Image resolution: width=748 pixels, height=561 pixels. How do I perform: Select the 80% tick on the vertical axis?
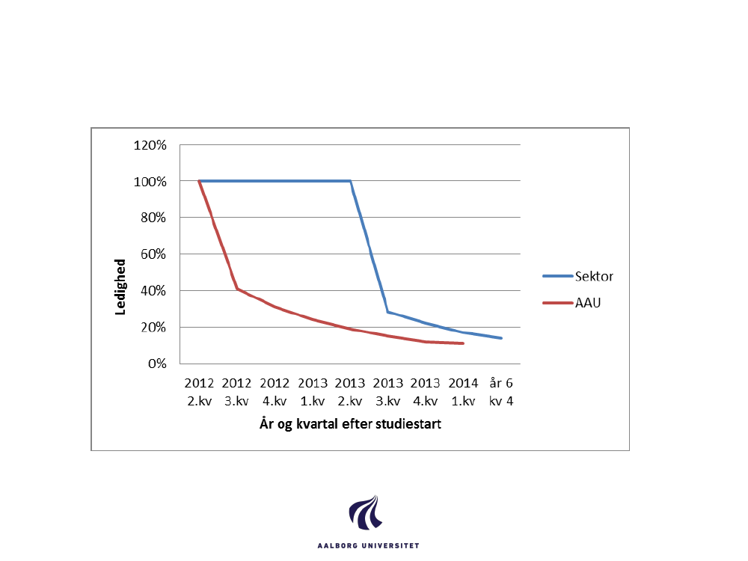(x=153, y=218)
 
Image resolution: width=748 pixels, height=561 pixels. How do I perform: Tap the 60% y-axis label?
(x=153, y=254)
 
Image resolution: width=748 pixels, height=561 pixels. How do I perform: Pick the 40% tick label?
(x=153, y=291)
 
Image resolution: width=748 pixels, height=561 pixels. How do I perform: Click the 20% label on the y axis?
(x=153, y=328)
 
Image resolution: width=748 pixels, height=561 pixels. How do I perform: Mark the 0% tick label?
(x=156, y=364)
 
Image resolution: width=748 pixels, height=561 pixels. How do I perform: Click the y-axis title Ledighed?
(x=120, y=286)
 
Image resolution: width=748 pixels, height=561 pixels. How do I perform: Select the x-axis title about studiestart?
(x=350, y=425)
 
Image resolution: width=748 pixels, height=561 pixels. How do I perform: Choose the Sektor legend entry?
(x=594, y=276)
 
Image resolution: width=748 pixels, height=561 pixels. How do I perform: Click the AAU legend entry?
(x=588, y=304)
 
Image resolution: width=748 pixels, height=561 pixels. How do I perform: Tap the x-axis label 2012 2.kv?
(x=200, y=392)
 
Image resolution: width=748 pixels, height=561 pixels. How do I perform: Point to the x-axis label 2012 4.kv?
(x=275, y=392)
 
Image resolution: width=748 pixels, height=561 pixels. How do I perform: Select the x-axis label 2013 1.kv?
(x=313, y=392)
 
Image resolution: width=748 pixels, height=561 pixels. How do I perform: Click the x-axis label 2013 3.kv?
(x=387, y=392)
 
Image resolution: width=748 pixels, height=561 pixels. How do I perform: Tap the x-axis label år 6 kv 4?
(x=500, y=392)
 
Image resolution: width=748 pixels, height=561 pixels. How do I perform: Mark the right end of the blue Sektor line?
(x=501, y=338)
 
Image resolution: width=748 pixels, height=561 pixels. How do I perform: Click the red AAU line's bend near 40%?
(x=237, y=289)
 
